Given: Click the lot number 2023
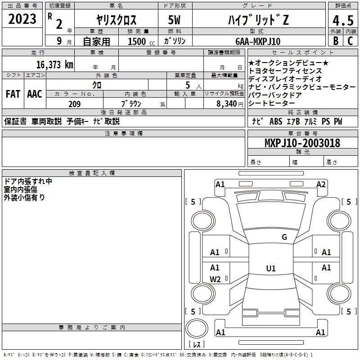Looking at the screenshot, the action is point(22,19).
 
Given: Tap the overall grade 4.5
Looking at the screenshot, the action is point(343,21).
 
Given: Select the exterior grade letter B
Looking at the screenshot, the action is point(336,41).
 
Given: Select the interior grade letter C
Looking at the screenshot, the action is point(350,41).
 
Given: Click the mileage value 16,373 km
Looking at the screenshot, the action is point(55,65).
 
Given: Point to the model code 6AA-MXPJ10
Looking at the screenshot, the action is point(258,41).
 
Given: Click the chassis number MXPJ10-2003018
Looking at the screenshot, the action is point(302,143).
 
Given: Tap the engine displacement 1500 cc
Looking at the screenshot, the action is point(141,41).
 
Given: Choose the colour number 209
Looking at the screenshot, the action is point(74,104).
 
